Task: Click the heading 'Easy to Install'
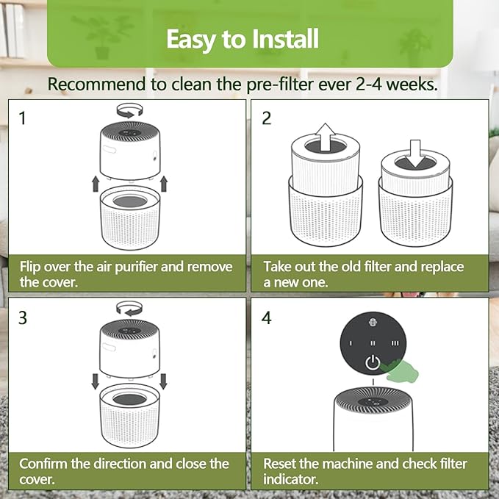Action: (243, 38)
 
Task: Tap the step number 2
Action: (267, 118)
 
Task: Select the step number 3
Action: (23, 317)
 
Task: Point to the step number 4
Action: (267, 317)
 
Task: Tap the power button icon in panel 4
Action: (374, 362)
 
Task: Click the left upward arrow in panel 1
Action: (93, 183)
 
